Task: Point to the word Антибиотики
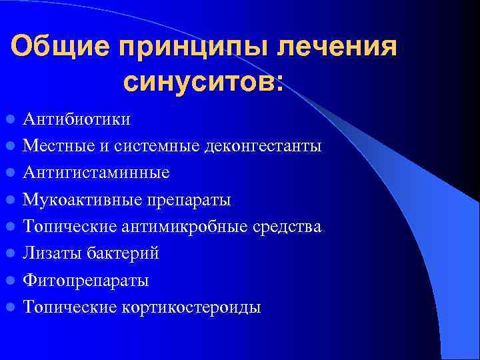[x=77, y=119]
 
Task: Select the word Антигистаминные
[x=96, y=173]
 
